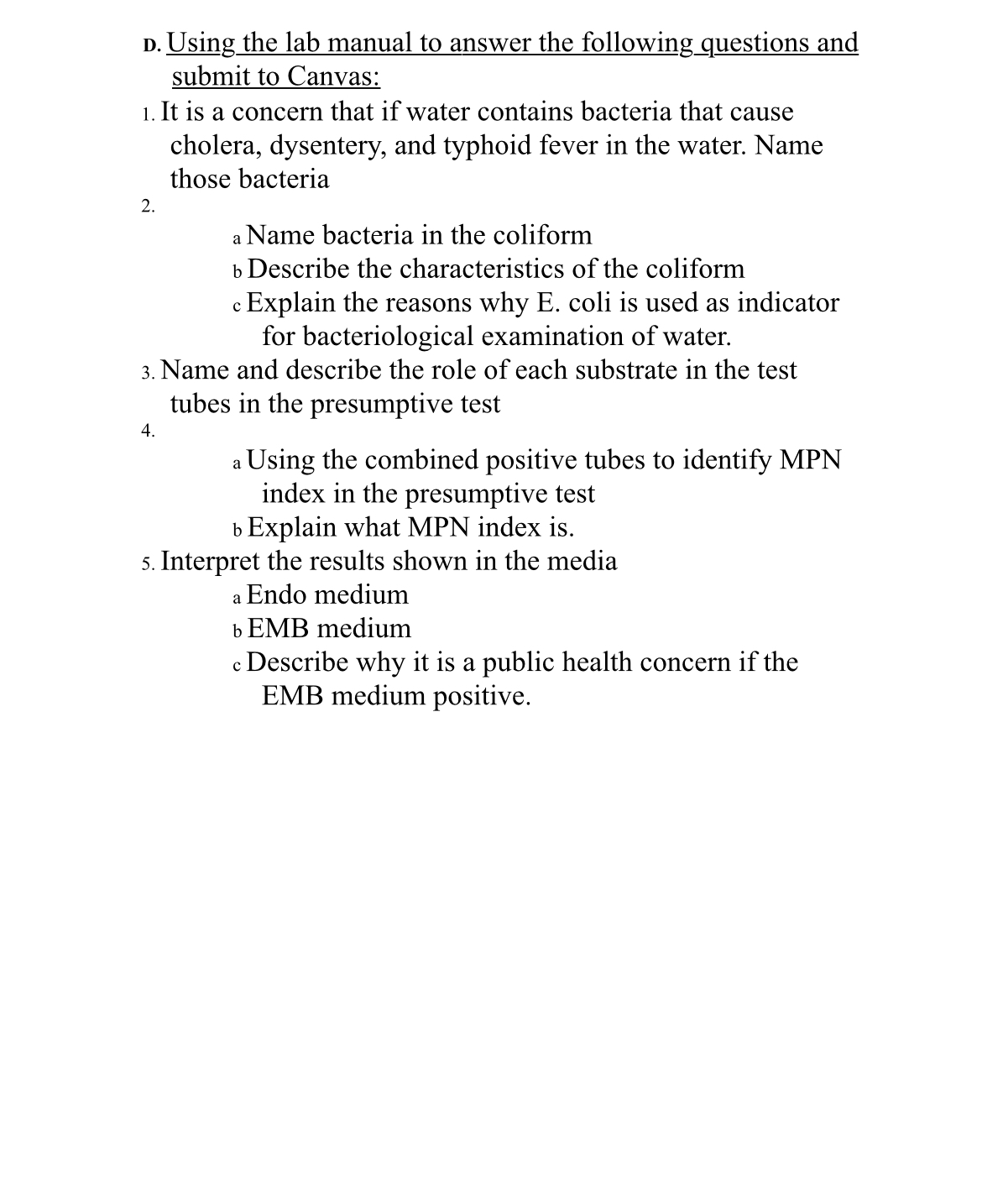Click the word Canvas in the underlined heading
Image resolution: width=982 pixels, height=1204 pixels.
333,76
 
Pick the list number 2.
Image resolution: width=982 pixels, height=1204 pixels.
148,207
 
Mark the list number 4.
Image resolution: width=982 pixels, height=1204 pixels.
148,432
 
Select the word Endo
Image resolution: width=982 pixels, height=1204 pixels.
276,594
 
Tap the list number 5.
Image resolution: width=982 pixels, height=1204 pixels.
148,563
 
